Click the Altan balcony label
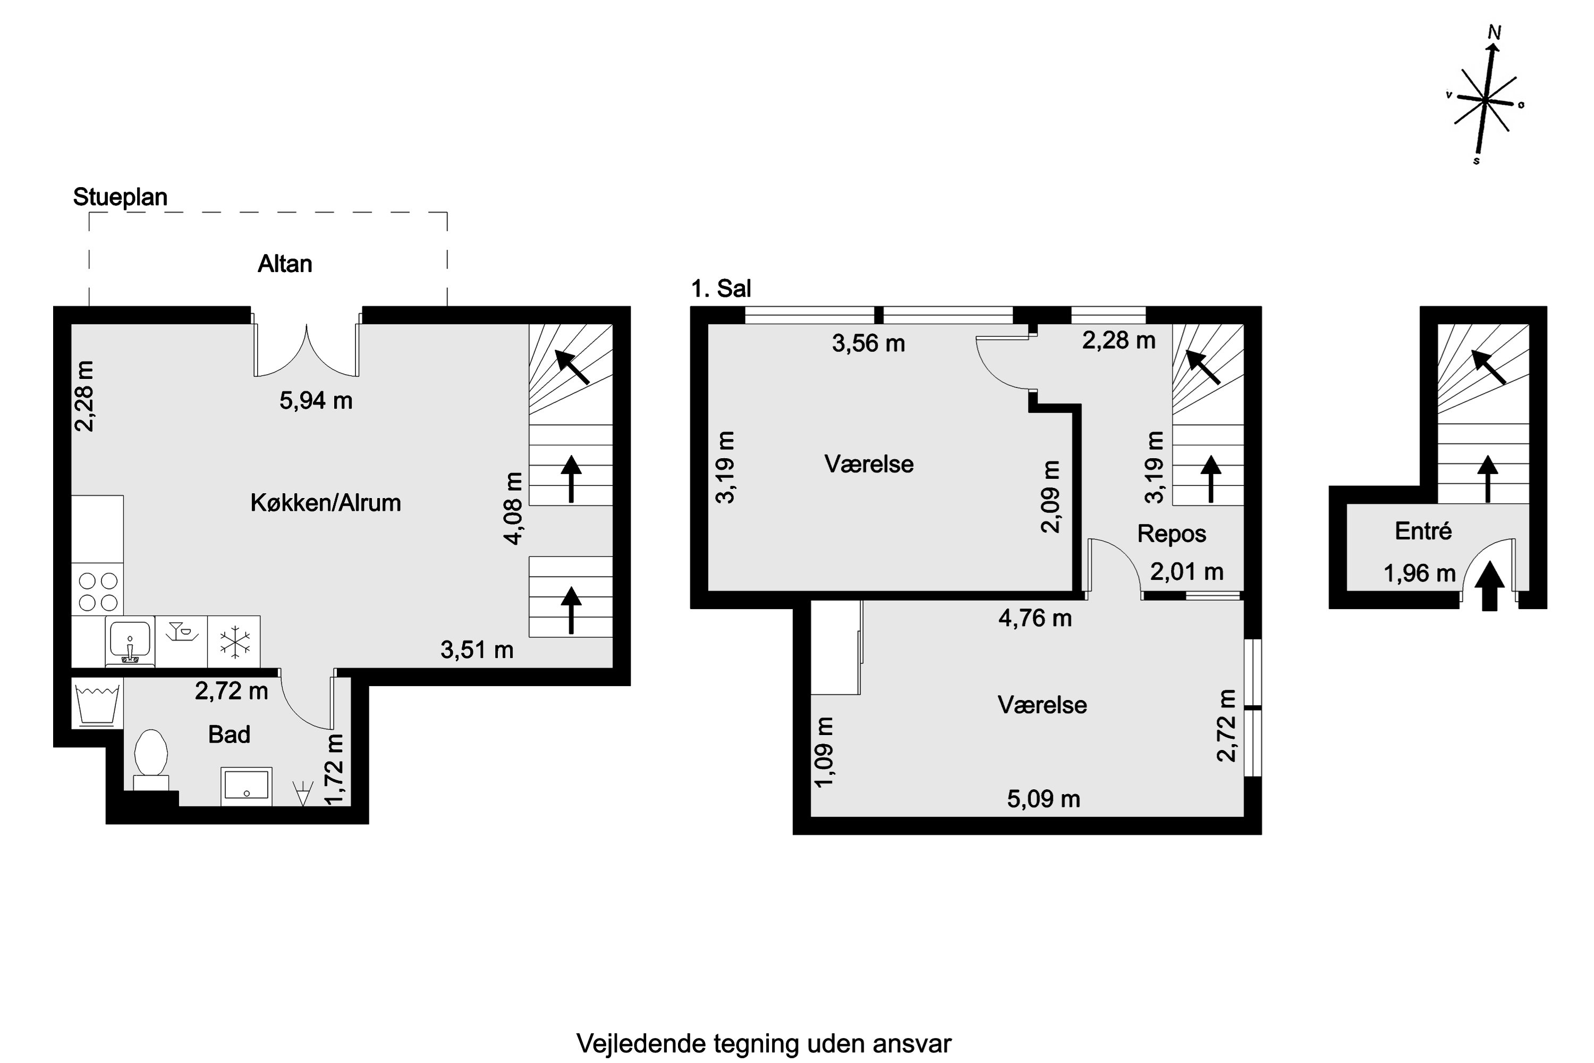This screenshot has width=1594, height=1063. [x=285, y=264]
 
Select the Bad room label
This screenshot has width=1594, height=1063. [x=229, y=734]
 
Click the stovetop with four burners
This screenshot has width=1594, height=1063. [x=98, y=591]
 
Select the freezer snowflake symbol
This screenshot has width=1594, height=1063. [x=234, y=642]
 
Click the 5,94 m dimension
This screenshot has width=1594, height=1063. [x=316, y=401]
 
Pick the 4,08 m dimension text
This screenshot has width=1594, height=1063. [x=514, y=509]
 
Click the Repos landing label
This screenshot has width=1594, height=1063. [x=1171, y=534]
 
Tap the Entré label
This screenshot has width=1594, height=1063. [x=1422, y=531]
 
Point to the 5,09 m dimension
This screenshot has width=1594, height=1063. [x=1043, y=799]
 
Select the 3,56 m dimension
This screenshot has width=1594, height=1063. [x=868, y=344]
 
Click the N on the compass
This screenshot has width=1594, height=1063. [x=1494, y=32]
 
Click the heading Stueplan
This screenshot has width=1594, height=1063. [x=120, y=197]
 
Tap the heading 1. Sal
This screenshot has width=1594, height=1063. [x=720, y=289]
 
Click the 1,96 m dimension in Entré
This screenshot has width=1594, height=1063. [x=1419, y=573]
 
